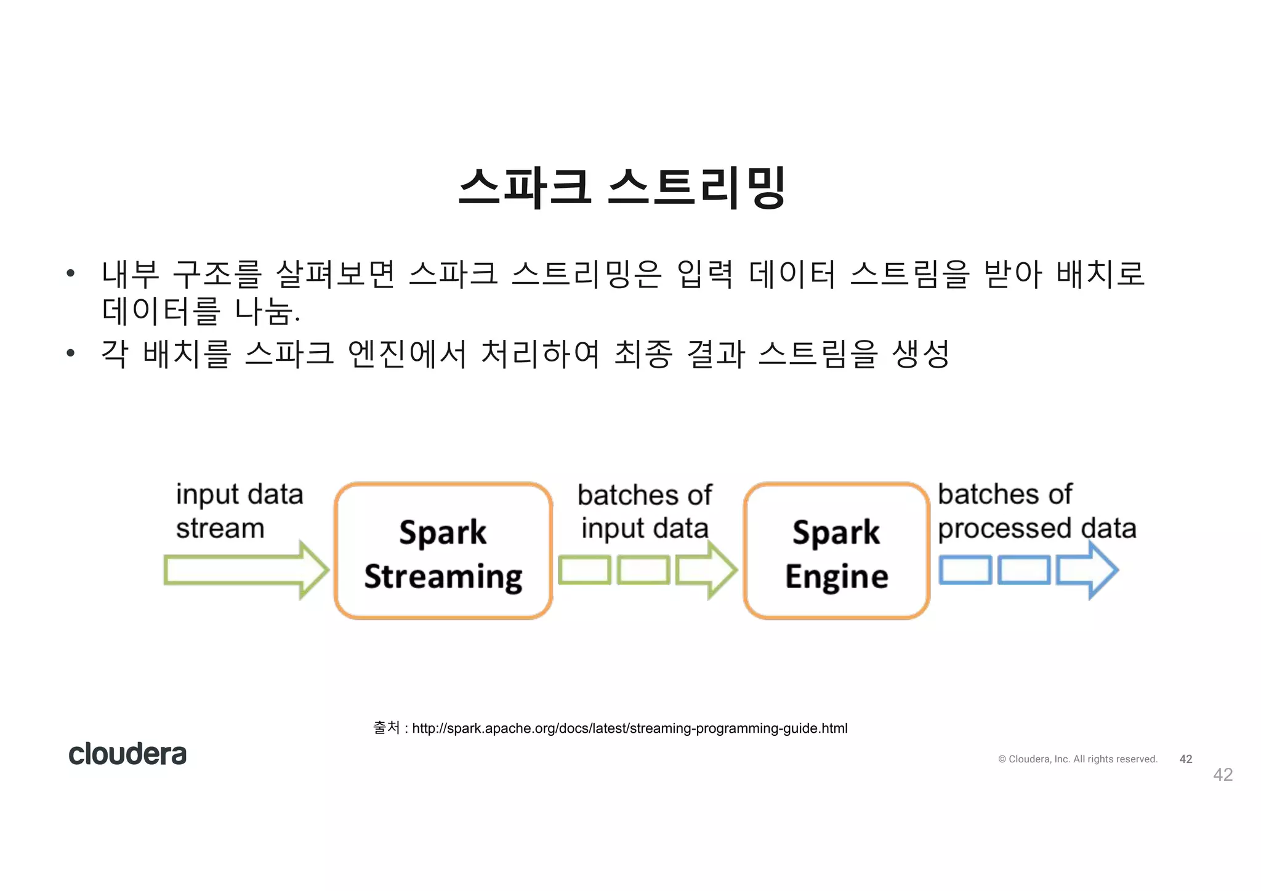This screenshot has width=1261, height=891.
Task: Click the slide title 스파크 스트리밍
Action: click(622, 187)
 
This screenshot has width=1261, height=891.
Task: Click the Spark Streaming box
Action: click(443, 551)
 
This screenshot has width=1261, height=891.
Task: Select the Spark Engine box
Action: click(836, 551)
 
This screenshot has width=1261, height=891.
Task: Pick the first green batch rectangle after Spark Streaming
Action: click(584, 570)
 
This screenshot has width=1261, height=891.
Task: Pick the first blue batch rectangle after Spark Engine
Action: click(965, 570)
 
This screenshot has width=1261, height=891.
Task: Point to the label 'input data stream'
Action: click(239, 511)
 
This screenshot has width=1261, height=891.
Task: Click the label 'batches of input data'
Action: click(645, 511)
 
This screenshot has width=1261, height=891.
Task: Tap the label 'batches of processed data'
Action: click(1036, 511)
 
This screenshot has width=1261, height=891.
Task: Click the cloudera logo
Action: click(127, 754)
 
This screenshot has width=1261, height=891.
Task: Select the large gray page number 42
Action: click(1223, 775)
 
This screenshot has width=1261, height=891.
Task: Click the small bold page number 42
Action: click(1186, 759)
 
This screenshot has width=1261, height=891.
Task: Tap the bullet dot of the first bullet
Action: click(71, 273)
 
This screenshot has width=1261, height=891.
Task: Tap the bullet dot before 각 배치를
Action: click(71, 353)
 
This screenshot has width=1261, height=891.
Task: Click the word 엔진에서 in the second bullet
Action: click(407, 354)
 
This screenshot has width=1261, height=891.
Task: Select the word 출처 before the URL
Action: click(387, 728)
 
